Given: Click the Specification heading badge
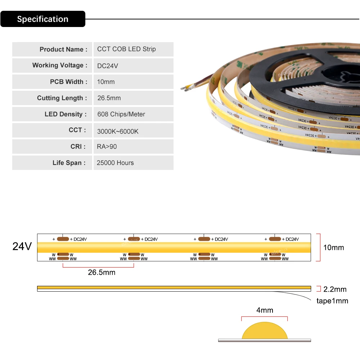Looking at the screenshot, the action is click(x=42, y=19).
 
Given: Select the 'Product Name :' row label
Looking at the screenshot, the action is click(x=63, y=49).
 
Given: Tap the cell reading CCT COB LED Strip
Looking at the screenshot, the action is click(x=126, y=49).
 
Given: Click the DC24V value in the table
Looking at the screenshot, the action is click(x=108, y=66).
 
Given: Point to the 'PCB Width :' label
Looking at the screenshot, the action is click(x=68, y=82).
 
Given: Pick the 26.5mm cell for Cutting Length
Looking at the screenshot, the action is click(x=109, y=98).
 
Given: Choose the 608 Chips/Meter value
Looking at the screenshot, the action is click(x=121, y=114).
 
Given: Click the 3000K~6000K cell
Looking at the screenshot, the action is click(x=118, y=131).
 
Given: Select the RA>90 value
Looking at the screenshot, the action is click(x=107, y=147).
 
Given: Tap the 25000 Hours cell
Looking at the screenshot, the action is click(x=115, y=163).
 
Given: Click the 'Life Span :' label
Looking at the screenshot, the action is click(x=69, y=163).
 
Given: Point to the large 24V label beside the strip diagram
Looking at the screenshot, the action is click(x=22, y=247).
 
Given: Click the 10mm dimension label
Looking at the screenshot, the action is click(x=333, y=247).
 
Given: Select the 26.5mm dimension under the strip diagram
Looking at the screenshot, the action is click(x=102, y=273).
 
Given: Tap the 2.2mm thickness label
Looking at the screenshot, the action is click(x=335, y=289).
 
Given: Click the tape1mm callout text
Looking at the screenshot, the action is click(x=332, y=301).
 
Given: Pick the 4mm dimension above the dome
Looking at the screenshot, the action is click(x=265, y=310).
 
